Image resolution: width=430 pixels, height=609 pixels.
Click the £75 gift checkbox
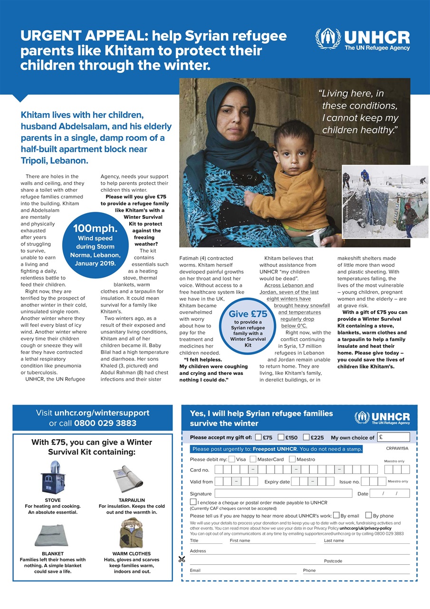click(258, 437)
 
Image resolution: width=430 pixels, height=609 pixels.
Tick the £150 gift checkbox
click(281, 437)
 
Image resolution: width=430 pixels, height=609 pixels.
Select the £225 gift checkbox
click(306, 437)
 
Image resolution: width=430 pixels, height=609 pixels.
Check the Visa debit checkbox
click(231, 459)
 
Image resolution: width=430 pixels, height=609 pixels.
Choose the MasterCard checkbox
click(253, 459)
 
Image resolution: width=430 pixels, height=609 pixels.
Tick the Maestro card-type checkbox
click(292, 459)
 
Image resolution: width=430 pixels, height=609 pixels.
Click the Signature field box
click(283, 493)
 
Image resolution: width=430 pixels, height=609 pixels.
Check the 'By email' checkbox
click(336, 515)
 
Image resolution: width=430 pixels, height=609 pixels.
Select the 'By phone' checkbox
click(369, 515)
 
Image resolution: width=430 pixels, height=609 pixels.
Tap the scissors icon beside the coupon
click(182, 559)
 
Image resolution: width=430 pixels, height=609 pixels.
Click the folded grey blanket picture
click(52, 535)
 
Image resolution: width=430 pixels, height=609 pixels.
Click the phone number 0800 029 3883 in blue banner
click(105, 423)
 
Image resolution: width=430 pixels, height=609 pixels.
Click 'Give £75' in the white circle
click(248, 314)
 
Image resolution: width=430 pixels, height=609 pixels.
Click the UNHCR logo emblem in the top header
click(328, 39)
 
